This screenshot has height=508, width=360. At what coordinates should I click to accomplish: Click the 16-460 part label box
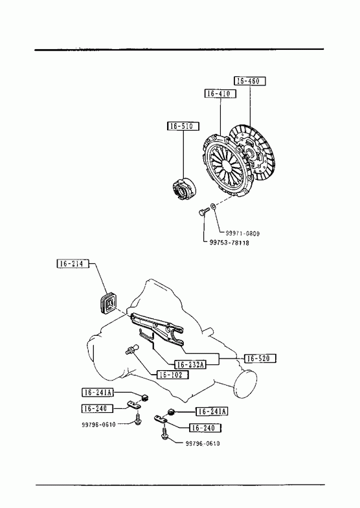(x=249, y=81)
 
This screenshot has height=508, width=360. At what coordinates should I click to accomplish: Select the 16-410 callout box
(x=220, y=94)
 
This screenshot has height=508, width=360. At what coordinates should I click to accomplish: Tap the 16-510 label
(x=183, y=126)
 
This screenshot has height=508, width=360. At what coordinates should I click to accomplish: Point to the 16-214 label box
(x=73, y=264)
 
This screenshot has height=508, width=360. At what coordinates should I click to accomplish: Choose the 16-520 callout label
(x=260, y=359)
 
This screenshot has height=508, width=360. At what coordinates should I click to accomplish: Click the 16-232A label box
(x=190, y=364)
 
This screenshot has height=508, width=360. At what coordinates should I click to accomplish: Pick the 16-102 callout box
(x=173, y=375)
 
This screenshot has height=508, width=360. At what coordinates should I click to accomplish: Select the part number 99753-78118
(x=229, y=243)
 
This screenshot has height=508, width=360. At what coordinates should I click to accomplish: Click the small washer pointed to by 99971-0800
(x=213, y=206)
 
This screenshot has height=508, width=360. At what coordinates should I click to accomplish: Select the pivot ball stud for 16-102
(x=132, y=349)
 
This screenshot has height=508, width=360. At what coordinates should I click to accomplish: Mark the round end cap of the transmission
(x=245, y=383)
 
